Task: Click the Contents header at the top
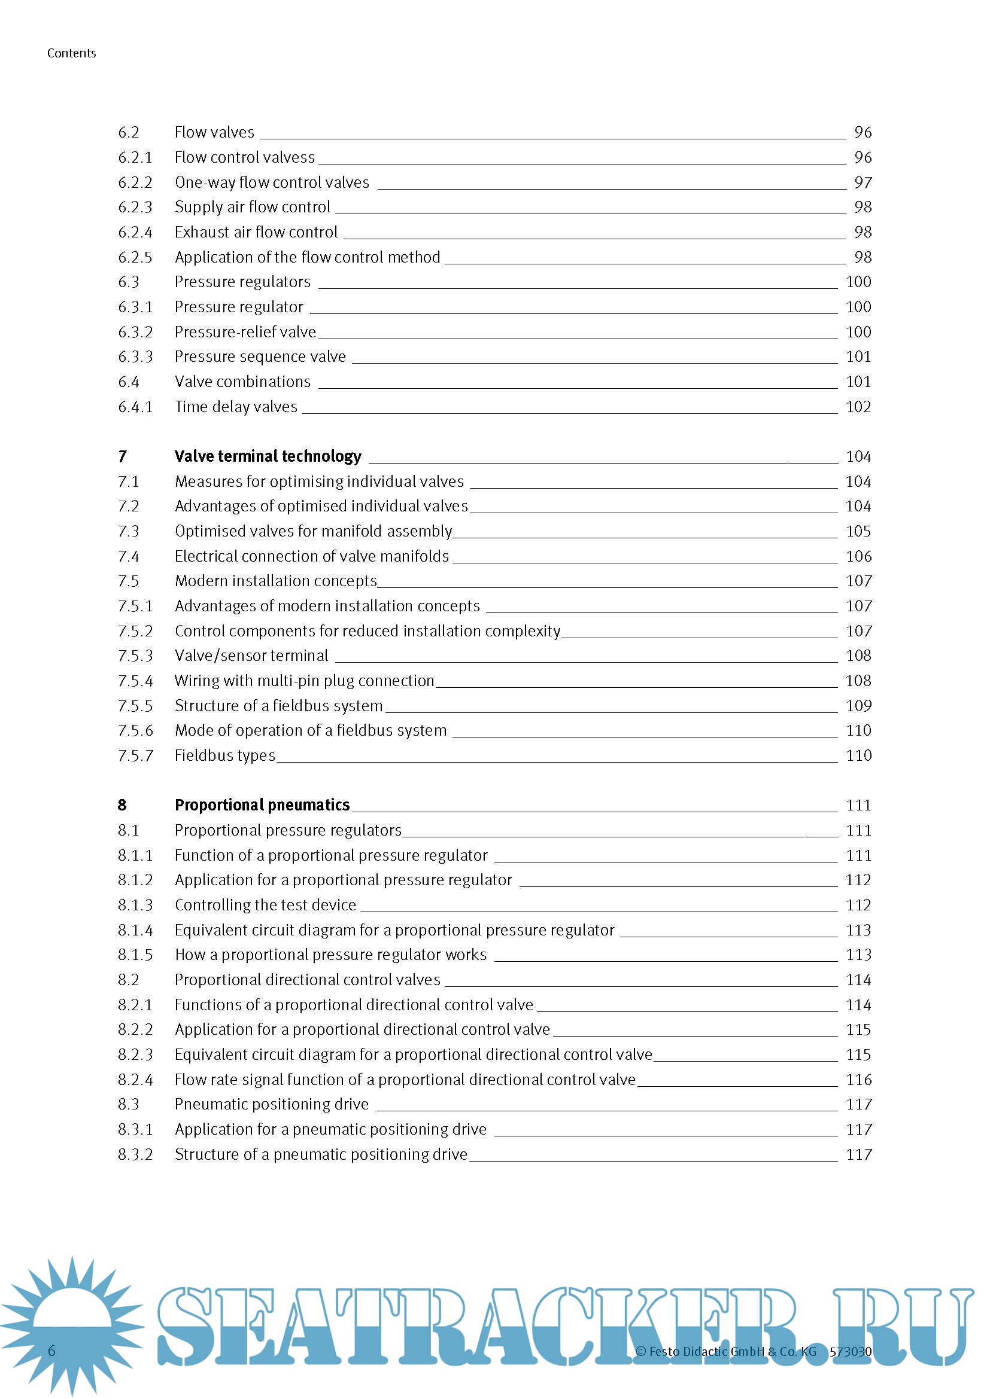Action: point(71,53)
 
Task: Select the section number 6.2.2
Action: point(135,182)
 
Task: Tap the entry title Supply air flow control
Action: point(253,207)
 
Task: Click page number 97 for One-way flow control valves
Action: point(863,182)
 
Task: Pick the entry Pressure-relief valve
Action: point(245,332)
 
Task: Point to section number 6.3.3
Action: point(135,356)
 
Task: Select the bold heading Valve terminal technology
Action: point(268,456)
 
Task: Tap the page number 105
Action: point(858,531)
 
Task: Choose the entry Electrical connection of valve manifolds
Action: point(311,556)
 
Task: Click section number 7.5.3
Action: point(135,656)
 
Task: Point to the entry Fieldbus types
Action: point(225,755)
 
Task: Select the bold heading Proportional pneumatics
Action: point(262,805)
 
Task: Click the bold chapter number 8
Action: point(122,805)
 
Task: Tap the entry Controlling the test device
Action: point(265,905)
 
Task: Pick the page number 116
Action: point(858,1080)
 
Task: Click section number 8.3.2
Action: point(135,1154)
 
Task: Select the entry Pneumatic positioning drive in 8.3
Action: point(271,1104)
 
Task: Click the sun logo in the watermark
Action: point(72,1324)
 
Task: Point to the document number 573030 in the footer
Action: point(851,1352)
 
